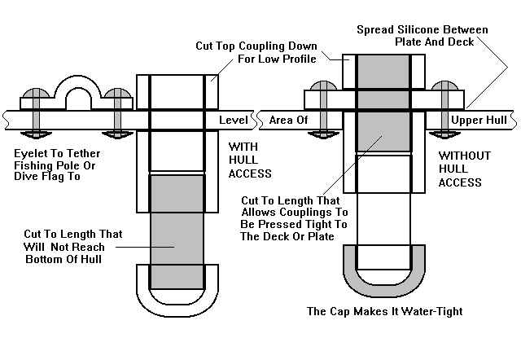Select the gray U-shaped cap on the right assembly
coord(378,282)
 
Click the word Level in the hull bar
coord(233,121)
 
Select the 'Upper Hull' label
coord(478,121)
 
